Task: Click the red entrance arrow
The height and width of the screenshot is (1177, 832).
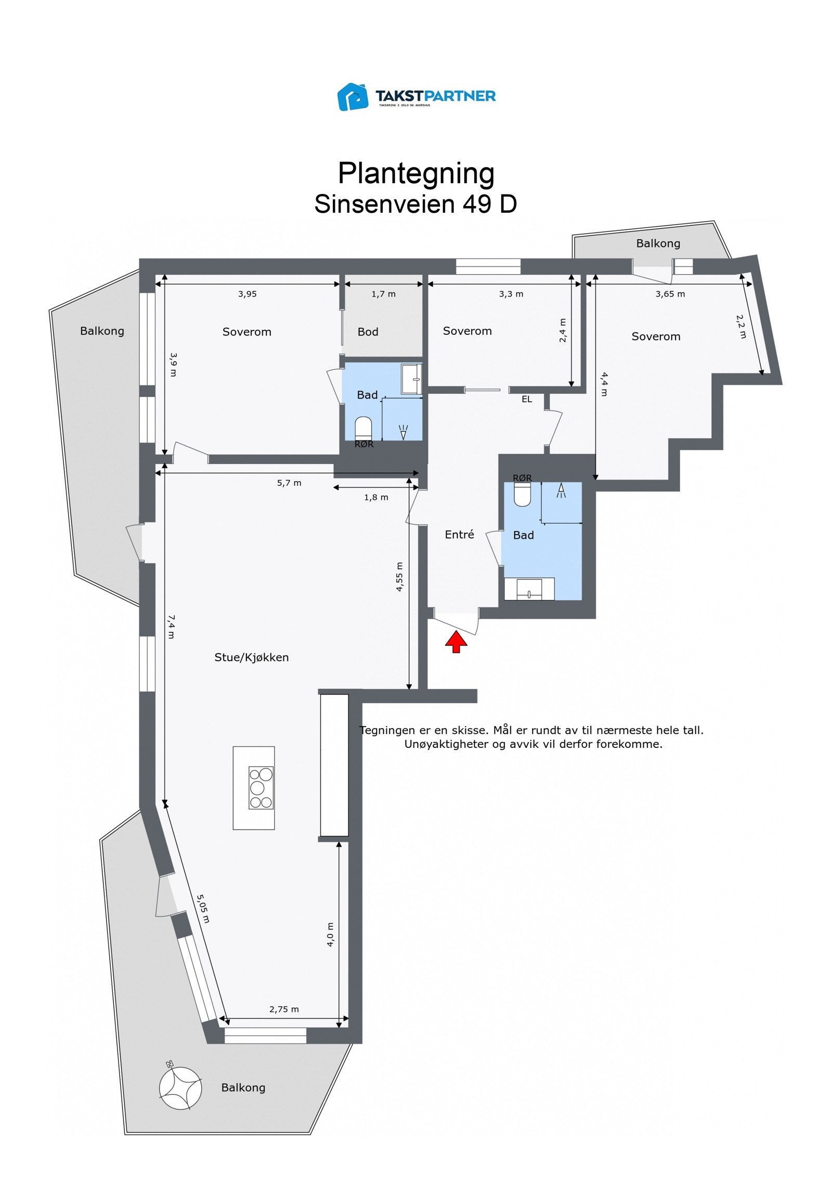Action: [x=456, y=641]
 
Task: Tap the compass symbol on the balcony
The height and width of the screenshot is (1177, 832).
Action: [x=180, y=1088]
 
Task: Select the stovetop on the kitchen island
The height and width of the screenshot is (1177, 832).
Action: [x=261, y=787]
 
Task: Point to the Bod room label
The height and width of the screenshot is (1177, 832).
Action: [x=368, y=332]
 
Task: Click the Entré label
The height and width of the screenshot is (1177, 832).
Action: [x=459, y=535]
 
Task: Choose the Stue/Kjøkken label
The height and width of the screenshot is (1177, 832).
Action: [x=251, y=657]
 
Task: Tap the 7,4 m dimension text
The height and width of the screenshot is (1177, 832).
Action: [x=172, y=627]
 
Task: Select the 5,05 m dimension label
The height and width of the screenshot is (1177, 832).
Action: [x=203, y=909]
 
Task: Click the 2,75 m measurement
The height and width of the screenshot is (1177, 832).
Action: [x=284, y=1010]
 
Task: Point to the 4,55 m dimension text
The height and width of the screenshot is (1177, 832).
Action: [x=399, y=577]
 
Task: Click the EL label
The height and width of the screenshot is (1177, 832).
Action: [x=527, y=399]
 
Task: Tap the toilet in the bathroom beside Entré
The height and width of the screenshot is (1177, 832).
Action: [x=522, y=494]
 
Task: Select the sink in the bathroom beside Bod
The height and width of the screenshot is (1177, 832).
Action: [x=411, y=379]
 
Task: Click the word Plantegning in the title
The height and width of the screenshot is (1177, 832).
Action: [x=416, y=173]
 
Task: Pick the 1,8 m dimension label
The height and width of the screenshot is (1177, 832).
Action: [x=376, y=497]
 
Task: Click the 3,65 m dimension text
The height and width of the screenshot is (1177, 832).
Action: [x=670, y=294]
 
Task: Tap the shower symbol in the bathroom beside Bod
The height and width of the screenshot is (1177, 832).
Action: [x=403, y=432]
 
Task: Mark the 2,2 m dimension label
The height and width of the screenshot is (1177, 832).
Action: [x=741, y=327]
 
